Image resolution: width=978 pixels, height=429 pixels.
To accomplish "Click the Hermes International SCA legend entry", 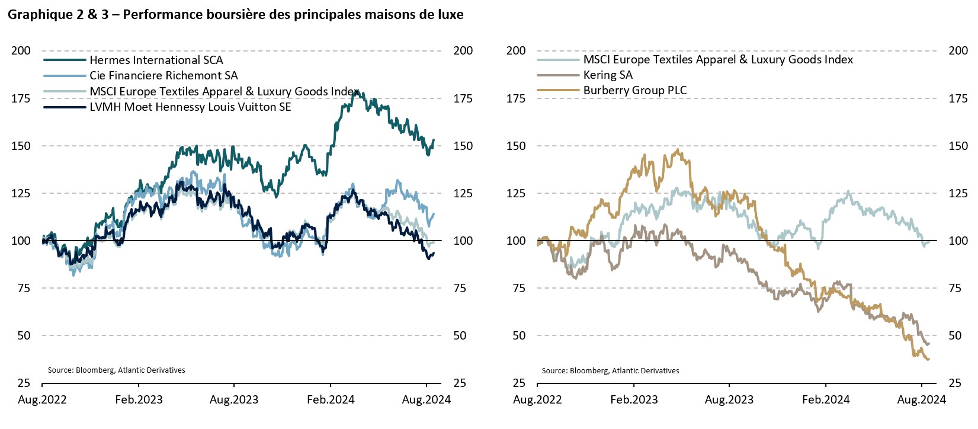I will point(156,60).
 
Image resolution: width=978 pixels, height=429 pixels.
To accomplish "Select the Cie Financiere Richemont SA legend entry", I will point(163,76).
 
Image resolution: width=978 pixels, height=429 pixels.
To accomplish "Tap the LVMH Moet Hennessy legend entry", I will point(190,107).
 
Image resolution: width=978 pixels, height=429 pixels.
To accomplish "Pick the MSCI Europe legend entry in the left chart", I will point(224,91).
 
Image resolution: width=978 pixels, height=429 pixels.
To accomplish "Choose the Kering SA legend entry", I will point(608,75).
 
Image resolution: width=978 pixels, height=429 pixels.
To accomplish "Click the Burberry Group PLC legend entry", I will point(635,91).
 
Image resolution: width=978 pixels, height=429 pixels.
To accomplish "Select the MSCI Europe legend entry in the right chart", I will point(718,60).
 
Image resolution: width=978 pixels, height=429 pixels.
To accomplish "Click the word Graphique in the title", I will point(39,15).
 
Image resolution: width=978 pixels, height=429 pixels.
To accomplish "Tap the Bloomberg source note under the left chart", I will point(116,370).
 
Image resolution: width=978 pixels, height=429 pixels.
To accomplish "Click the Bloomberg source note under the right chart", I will point(610,371).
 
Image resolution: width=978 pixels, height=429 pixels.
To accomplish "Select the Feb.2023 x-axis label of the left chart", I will point(139,400).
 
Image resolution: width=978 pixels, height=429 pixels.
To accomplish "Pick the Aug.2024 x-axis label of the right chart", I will point(921,400).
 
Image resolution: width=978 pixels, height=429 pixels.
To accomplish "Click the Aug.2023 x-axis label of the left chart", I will point(234,400).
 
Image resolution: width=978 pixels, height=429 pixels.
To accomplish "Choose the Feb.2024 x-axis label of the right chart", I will point(826,400).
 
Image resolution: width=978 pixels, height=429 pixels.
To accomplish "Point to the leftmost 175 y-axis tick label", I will point(21,98).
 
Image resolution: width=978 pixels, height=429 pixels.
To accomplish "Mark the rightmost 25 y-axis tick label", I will point(955,383).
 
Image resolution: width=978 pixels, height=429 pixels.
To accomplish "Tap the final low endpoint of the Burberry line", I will point(928,359).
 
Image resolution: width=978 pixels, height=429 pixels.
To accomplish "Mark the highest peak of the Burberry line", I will point(678,150).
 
